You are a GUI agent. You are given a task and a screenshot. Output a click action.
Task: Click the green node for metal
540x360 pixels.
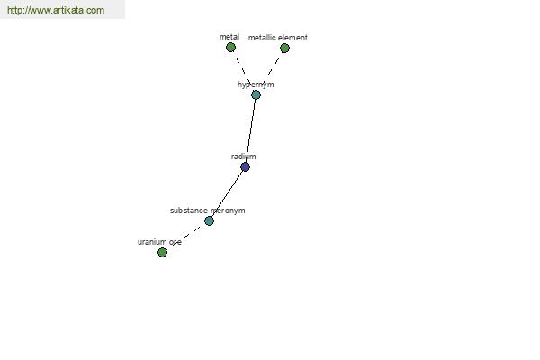(230, 48)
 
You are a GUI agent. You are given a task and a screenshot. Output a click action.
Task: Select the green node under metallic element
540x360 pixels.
(284, 49)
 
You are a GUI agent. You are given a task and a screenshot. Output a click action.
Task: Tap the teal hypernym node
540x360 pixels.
(256, 94)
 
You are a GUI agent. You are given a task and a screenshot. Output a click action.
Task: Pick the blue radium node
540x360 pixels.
(245, 166)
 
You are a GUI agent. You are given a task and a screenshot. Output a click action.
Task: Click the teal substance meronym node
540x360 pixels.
(209, 220)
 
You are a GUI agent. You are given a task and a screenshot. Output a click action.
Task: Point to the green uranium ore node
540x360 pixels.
(162, 252)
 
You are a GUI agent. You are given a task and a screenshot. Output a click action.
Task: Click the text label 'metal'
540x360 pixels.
(229, 37)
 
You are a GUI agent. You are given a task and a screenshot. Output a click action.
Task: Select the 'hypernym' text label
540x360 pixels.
(256, 85)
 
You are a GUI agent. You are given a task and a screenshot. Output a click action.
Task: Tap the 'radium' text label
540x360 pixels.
(243, 157)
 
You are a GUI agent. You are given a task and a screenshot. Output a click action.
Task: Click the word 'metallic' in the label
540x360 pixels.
(262, 38)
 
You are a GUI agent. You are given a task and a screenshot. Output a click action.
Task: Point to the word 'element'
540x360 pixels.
(292, 38)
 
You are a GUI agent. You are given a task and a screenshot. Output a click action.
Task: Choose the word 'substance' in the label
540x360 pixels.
(189, 211)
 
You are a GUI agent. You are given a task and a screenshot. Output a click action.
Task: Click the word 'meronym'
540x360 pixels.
(228, 211)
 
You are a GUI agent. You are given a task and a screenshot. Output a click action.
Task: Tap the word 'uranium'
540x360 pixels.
(152, 242)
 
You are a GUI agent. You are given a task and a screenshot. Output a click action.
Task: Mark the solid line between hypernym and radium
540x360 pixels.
(250, 130)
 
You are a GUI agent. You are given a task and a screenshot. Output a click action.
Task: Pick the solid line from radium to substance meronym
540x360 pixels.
(227, 193)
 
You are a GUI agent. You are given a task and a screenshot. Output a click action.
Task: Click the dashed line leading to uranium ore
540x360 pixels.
(185, 237)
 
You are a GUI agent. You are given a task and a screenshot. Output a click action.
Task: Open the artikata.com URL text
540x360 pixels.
(55, 10)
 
